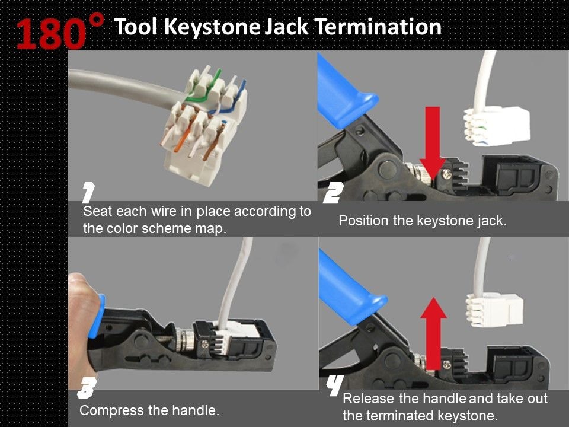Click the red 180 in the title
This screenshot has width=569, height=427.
pos(50,34)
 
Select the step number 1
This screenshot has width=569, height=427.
pos(88,193)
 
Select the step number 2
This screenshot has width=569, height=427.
pos(334,193)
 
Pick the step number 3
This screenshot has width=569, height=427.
pos(86,389)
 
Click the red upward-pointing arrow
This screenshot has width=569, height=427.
pos(437,332)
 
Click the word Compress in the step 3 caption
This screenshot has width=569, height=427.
pos(108,410)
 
